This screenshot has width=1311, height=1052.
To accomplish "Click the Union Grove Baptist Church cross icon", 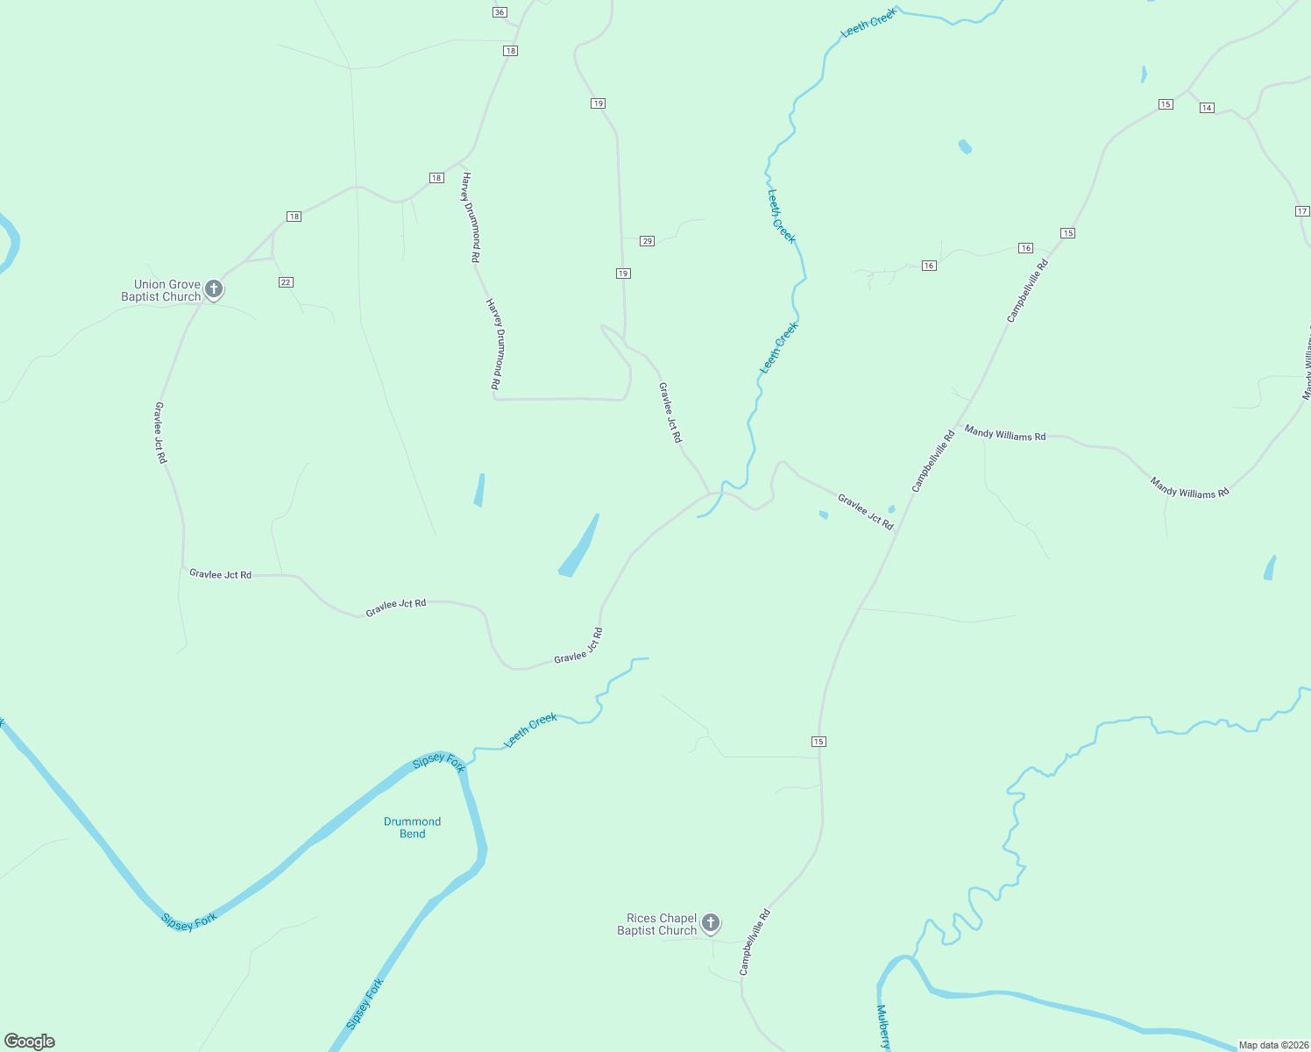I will point(213,288).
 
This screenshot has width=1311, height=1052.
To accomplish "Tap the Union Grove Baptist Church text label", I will point(162,291).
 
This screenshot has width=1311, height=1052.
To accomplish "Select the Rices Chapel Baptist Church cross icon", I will point(711,922).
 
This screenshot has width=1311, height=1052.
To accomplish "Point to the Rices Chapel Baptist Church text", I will point(657,925).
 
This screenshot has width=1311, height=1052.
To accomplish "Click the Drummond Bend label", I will point(412,828).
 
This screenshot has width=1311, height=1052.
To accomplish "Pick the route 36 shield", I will point(500,12).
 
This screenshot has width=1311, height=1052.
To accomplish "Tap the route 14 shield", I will point(1207,108).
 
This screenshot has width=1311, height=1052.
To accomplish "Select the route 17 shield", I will point(1302,211).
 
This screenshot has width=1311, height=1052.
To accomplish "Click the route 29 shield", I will point(647,241).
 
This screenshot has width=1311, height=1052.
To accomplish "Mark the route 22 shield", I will point(286,282).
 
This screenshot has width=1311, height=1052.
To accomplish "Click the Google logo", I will point(30,1041).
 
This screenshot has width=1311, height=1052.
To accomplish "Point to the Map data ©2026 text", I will point(1273,1045).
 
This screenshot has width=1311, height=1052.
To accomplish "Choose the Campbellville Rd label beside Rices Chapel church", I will point(755,942).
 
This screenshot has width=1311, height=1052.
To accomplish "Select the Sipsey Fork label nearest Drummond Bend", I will point(438,762).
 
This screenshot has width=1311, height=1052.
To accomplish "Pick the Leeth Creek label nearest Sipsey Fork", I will point(531,730).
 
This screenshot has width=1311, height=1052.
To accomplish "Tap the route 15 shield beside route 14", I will point(1165,104).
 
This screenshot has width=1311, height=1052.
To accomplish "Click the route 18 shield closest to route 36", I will point(510,51).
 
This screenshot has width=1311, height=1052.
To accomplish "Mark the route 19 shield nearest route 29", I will point(623,274).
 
